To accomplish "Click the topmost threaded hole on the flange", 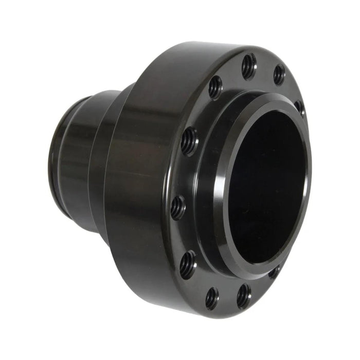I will click(248, 65).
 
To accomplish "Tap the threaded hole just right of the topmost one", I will click(279, 75).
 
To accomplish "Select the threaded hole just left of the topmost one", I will click(215, 87).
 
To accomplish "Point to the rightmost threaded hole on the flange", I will click(299, 107).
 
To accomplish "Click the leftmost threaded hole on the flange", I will click(178, 207).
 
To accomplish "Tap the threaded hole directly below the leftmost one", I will click(188, 264).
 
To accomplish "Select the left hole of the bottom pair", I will click(211, 298).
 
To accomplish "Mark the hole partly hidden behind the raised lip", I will click(275, 272).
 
